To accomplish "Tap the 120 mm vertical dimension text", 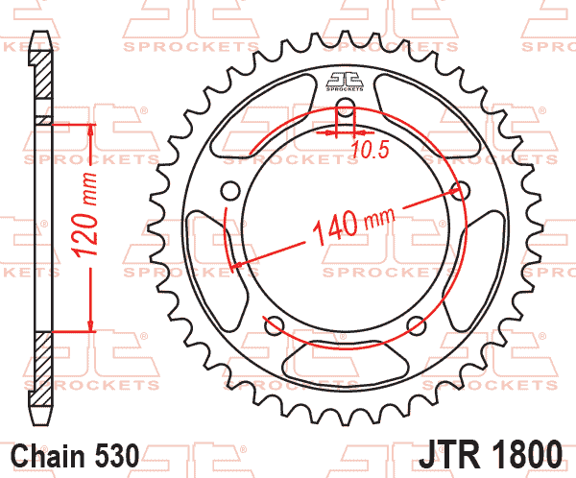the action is click(x=85, y=214).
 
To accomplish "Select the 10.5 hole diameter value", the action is click(x=370, y=150).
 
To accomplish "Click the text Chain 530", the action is click(x=75, y=455).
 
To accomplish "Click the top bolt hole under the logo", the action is click(x=346, y=108).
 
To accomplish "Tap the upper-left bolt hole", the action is click(x=231, y=191).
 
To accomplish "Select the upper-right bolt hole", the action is click(x=460, y=191).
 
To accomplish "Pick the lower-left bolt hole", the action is click(x=275, y=324).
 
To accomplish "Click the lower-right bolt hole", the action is click(x=417, y=324).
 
